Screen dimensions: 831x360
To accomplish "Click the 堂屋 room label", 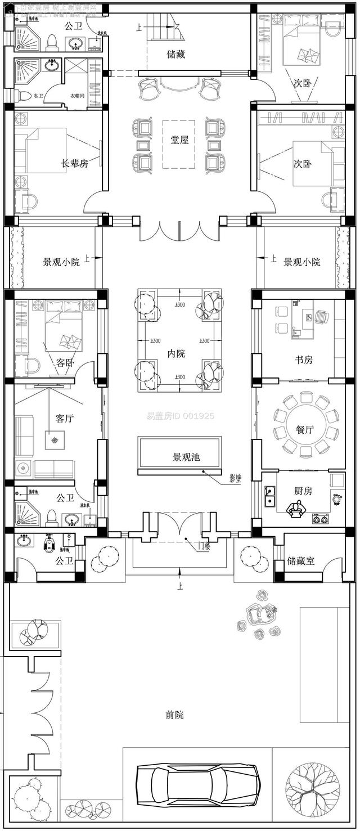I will (179, 140).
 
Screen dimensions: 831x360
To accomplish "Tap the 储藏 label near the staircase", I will (175, 55).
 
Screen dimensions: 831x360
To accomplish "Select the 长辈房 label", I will (75, 164).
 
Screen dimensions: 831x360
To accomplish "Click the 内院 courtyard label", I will (176, 353).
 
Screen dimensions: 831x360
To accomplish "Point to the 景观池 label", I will (186, 457).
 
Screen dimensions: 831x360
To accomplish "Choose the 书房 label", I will (304, 360).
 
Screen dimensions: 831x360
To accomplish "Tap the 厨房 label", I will (303, 491).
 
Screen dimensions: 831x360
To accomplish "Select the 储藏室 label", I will (301, 561).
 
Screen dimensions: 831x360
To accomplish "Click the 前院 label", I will (174, 715).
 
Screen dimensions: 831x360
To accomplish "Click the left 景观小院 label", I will (62, 262).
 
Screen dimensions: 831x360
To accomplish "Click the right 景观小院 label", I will (302, 262).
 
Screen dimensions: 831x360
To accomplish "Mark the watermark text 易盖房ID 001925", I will (180, 417).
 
